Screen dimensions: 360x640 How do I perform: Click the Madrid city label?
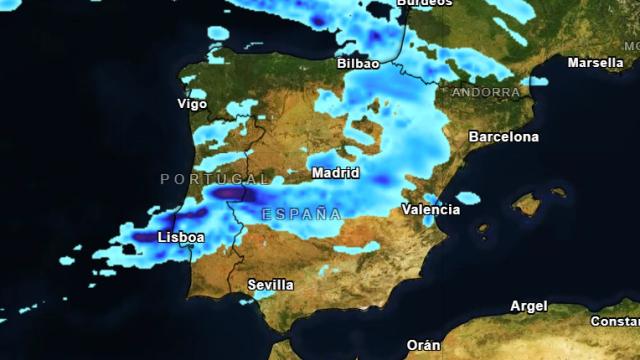tap(335, 173)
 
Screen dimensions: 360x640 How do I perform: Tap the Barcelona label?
tap(503, 136)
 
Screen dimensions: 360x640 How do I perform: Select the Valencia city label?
tap(431, 210)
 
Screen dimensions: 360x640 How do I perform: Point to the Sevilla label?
tap(271, 285)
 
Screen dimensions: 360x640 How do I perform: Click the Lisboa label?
tap(181, 238)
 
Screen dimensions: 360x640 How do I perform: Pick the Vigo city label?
tap(192, 104)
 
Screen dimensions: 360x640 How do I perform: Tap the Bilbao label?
tap(359, 63)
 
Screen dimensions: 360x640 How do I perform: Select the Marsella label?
tap(596, 62)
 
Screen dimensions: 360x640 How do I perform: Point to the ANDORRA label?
tap(486, 92)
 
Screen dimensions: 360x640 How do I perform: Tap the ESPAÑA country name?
tap(302, 214)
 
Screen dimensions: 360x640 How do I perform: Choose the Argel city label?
tap(528, 306)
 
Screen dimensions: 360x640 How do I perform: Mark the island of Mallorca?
tap(527, 205)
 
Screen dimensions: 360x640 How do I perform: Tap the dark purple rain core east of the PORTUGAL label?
tap(231, 193)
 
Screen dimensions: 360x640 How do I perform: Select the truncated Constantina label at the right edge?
tap(615, 321)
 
